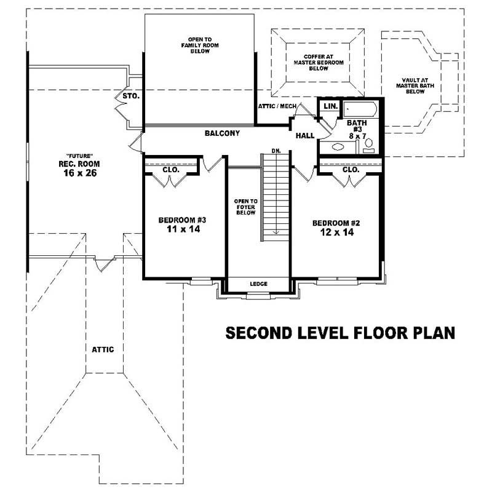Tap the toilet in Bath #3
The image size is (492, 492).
point(369,144)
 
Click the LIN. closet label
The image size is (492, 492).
point(330,106)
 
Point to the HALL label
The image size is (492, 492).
point(305,135)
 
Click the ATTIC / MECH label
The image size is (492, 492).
point(277,106)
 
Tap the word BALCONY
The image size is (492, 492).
point(222,133)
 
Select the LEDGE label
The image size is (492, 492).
point(258,284)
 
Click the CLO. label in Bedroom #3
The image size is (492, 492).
point(171,169)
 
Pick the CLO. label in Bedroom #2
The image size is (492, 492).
point(351,169)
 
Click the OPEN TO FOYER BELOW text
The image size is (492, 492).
point(245,207)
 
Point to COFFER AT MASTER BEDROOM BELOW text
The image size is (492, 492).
point(318,62)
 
